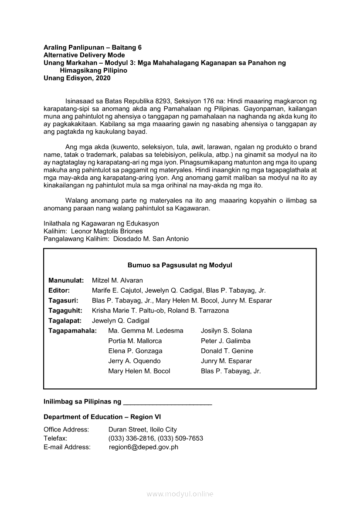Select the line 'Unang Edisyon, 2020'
tap(77, 78)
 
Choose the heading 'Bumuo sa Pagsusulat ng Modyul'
tap(180, 265)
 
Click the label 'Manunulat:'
tap(66, 280)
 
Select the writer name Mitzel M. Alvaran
tap(117, 280)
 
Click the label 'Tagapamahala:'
tap(72, 331)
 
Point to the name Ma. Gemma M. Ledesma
tap(146, 331)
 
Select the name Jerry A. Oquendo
tap(134, 361)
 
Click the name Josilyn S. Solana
tap(226, 331)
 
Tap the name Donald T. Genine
tap(227, 351)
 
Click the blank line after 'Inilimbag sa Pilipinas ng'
tap(168, 402)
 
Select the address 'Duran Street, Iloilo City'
tap(143, 430)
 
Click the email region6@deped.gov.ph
tap(143, 447)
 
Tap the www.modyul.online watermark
tap(180, 494)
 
